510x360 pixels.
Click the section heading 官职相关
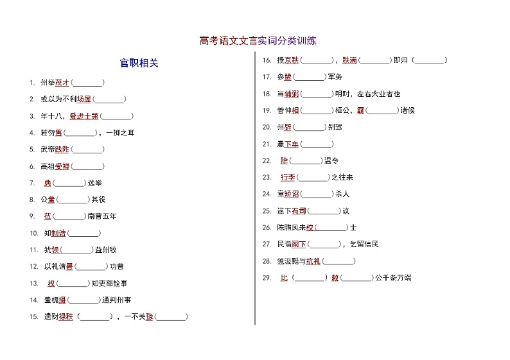139,63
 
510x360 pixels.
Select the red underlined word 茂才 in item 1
62,83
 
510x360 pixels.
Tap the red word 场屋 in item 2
84,99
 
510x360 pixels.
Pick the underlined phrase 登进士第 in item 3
84,116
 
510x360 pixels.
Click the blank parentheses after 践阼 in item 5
88,150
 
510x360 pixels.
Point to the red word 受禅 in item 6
62,166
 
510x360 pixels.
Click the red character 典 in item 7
48,183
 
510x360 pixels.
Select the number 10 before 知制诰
33,233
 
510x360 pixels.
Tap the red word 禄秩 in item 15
66,316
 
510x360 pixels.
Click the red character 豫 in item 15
149,316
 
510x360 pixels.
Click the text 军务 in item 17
335,77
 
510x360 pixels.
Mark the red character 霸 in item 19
360,110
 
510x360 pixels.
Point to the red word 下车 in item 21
292,144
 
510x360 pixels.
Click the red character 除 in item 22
285,160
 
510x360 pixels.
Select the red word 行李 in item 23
288,177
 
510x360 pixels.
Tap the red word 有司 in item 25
299,210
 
